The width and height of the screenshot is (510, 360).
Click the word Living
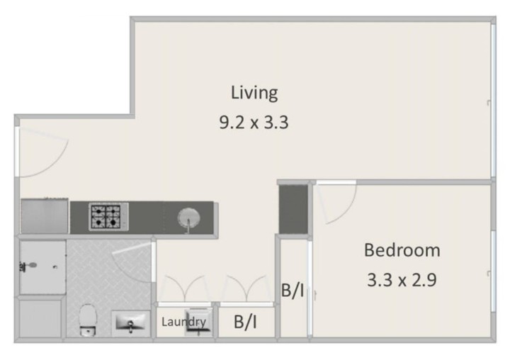254,93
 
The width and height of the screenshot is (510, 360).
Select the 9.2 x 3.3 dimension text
254,123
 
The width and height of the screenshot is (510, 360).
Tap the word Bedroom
402,250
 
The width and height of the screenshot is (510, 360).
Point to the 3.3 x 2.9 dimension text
402,280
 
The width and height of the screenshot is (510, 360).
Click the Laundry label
183,322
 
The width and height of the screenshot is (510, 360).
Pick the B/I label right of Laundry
245,322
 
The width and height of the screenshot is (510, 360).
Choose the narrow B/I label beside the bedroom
293,291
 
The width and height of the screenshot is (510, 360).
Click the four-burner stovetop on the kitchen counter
109,216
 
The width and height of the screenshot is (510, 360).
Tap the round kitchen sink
188,218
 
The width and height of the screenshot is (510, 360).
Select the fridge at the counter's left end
45,216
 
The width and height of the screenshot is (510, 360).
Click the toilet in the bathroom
88,320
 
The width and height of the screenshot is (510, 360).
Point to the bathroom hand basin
131,322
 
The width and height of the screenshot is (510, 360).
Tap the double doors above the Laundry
185,288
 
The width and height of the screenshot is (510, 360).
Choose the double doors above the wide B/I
246,288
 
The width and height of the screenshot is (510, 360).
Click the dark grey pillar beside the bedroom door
293,209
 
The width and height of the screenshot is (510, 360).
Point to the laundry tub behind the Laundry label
199,322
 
